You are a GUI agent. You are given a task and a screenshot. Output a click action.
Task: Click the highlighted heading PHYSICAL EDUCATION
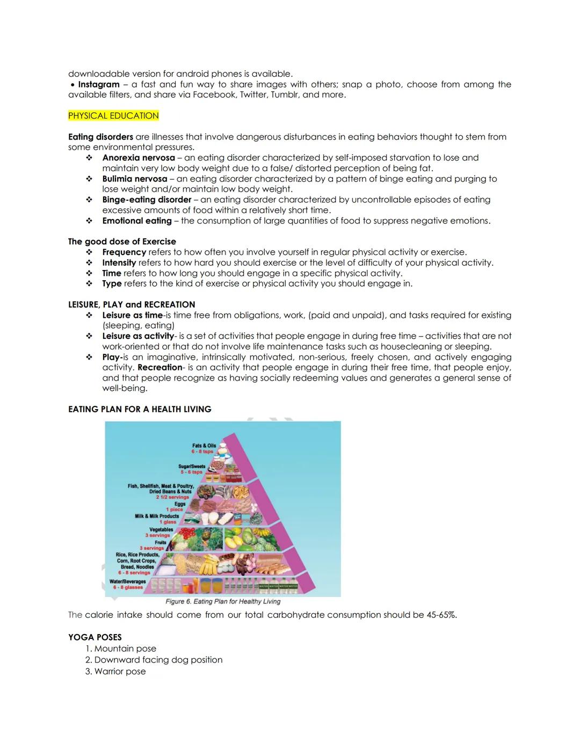click(x=113, y=115)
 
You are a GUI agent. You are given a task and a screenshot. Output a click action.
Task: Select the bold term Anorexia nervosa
click(x=139, y=158)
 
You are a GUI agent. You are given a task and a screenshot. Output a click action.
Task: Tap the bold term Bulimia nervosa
click(x=135, y=179)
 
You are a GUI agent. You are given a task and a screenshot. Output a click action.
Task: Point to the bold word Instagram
click(x=99, y=84)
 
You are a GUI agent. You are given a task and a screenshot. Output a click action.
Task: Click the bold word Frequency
click(x=124, y=252)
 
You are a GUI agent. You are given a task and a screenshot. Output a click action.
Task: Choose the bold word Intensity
click(x=119, y=263)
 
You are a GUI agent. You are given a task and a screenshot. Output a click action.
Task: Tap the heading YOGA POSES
click(x=95, y=637)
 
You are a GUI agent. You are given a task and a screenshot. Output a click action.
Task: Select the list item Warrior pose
click(x=120, y=672)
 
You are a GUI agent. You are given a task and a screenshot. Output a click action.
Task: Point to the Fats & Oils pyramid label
click(x=204, y=446)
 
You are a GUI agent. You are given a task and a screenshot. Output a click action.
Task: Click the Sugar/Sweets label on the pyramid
click(x=192, y=467)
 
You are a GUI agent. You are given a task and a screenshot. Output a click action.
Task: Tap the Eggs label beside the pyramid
click(x=179, y=504)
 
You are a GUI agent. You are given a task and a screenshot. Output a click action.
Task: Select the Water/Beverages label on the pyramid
click(x=128, y=581)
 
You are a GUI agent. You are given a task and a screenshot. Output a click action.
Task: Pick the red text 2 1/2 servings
click(x=173, y=497)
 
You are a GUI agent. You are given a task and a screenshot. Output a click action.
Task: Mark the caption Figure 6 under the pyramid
click(x=223, y=601)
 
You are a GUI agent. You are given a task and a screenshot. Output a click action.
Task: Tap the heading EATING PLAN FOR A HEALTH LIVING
click(x=140, y=409)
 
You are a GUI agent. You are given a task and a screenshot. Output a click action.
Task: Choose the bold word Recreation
click(x=160, y=368)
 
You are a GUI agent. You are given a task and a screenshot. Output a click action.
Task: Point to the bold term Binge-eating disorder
click(x=147, y=200)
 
